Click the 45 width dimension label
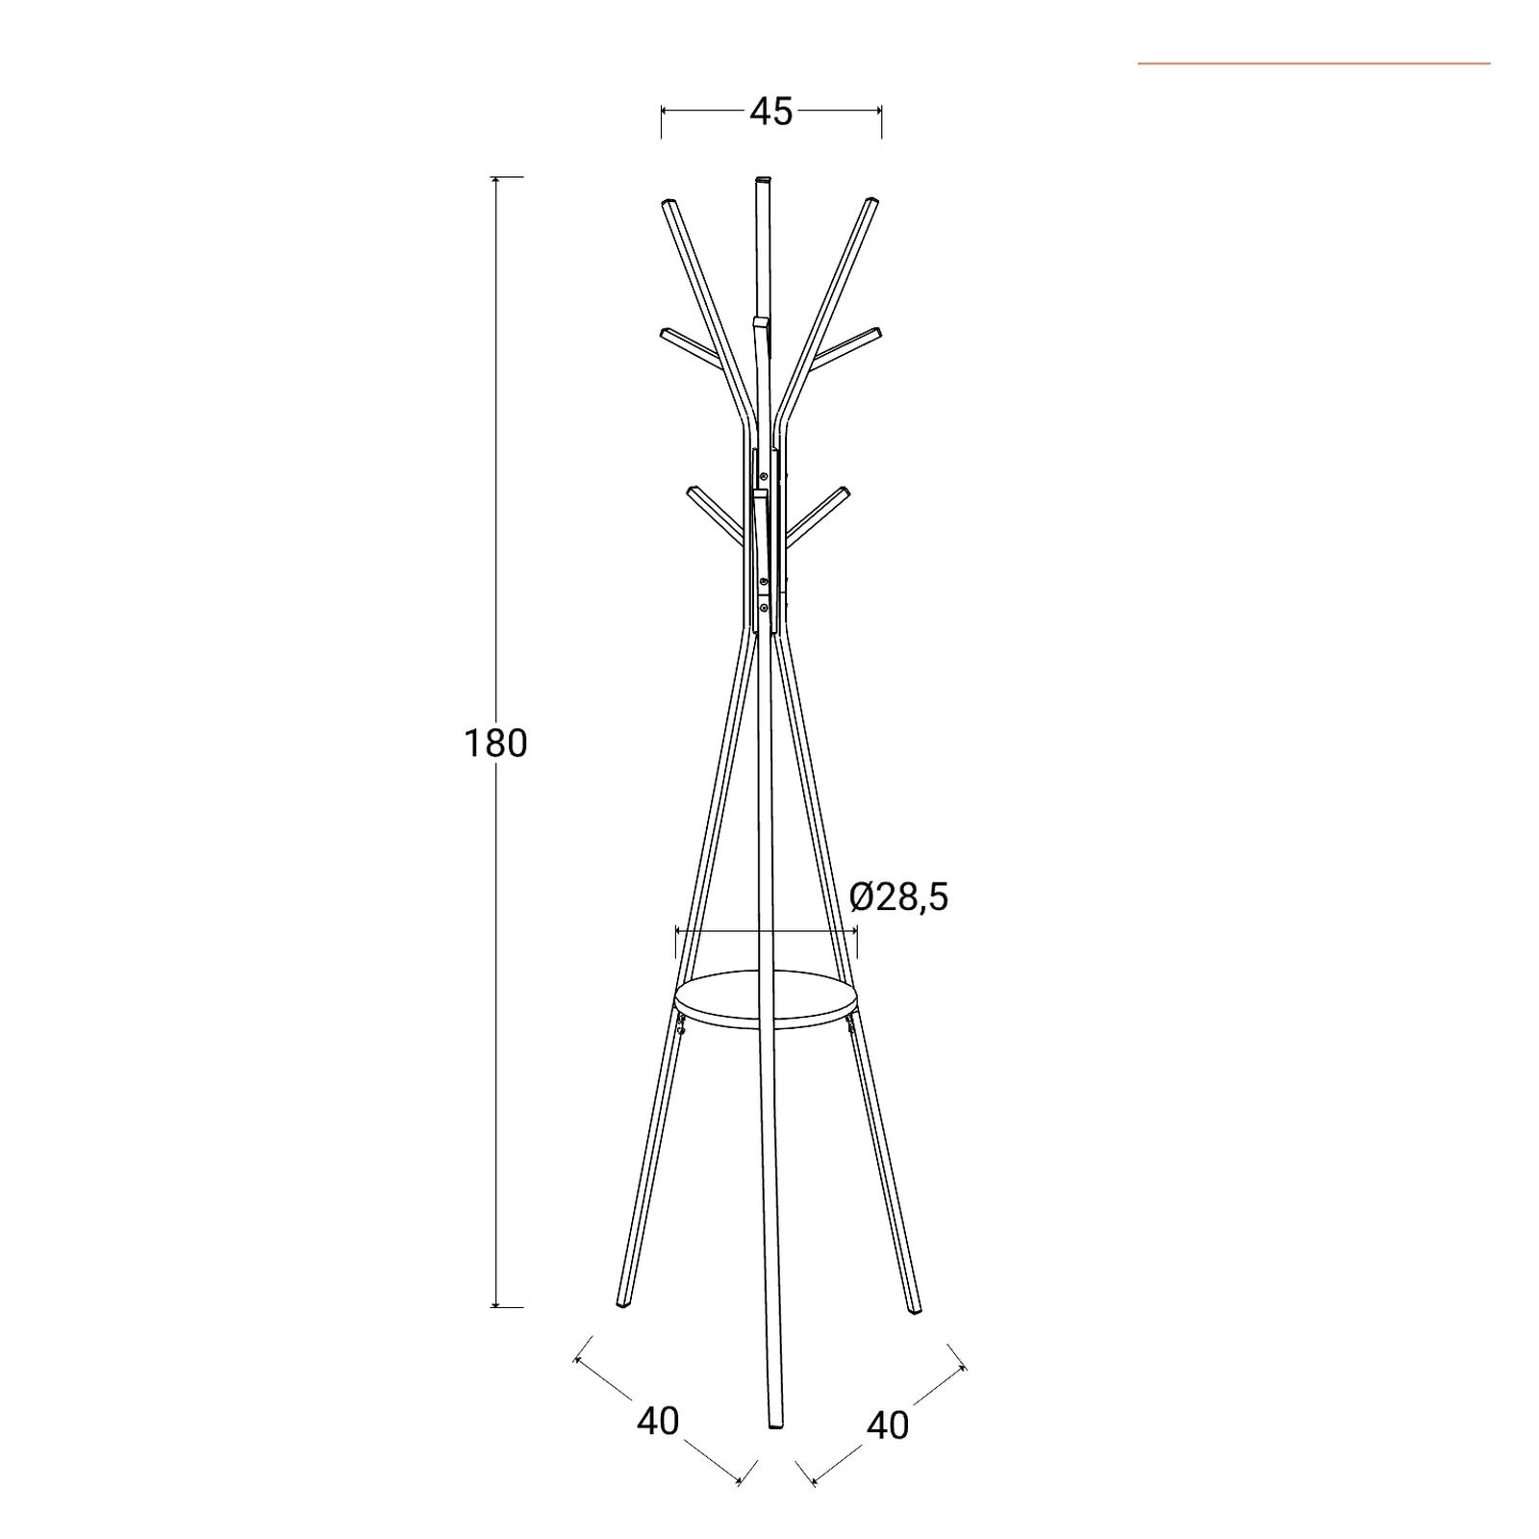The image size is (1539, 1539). click(770, 112)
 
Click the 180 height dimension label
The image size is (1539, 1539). click(495, 744)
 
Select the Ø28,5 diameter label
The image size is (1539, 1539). click(899, 896)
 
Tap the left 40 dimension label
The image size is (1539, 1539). click(658, 1421)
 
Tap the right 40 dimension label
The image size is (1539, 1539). click(888, 1425)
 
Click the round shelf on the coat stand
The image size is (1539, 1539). click(766, 999)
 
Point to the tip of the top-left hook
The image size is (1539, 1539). click(669, 203)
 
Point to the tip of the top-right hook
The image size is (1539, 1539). click(871, 202)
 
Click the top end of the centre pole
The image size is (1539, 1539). click(764, 179)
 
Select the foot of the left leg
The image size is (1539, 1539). click(623, 1305)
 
